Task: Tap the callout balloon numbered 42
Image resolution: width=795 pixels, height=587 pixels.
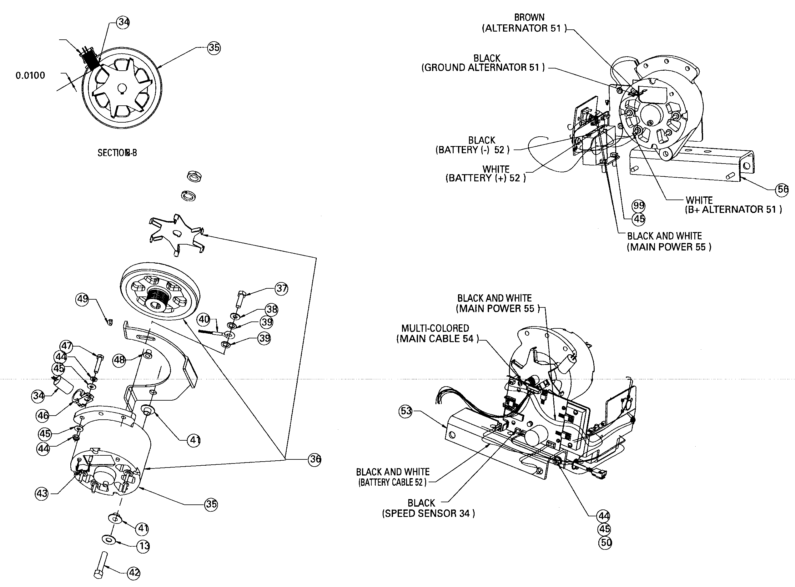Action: pos(134,573)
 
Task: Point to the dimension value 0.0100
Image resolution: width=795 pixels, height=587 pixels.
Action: pos(30,75)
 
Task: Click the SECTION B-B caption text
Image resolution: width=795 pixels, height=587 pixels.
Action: pos(117,153)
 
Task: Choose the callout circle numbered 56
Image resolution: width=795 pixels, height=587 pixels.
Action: pos(782,190)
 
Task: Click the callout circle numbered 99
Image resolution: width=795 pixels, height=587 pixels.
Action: pos(638,205)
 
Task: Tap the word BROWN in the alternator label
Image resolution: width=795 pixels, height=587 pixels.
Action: pos(529,18)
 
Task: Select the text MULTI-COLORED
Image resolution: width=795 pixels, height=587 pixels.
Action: pos(435,328)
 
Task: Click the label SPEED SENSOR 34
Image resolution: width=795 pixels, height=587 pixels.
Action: pos(428,514)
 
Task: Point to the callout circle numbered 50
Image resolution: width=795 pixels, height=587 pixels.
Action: pos(605,543)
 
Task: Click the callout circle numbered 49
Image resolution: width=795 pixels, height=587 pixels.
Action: pos(83,299)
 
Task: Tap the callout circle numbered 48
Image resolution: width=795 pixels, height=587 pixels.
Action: pos(119,360)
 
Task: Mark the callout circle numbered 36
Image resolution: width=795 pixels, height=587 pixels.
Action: pos(315,459)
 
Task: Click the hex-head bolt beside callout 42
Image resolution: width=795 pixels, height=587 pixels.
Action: pos(101,564)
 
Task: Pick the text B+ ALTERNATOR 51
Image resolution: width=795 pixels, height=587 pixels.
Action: pos(733,209)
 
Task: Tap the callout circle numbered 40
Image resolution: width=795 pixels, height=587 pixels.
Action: pos(204,319)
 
